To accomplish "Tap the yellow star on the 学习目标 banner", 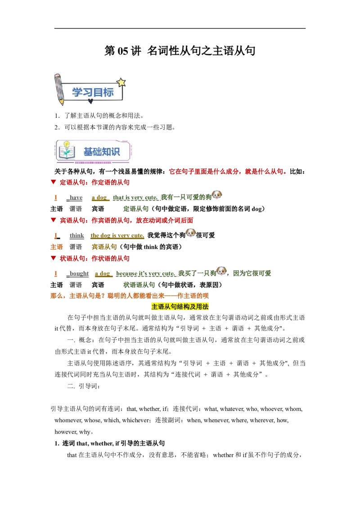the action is (121, 82).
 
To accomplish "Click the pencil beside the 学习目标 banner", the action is (59, 89).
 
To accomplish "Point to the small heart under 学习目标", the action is (90, 101).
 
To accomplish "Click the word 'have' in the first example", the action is (76, 198).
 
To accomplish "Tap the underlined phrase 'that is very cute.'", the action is (135, 198).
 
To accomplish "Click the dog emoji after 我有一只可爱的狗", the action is (217, 195).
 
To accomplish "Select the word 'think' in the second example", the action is (76, 236).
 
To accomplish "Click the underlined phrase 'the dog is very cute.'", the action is (117, 236).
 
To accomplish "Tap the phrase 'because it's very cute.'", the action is (146, 274).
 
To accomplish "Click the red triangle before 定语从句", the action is (54, 182).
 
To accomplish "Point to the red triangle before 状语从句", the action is (54, 258).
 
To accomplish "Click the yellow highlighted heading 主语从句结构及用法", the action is (180, 307).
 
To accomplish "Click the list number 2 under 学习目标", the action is (57, 127).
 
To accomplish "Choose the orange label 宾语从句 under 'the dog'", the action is (104, 247).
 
